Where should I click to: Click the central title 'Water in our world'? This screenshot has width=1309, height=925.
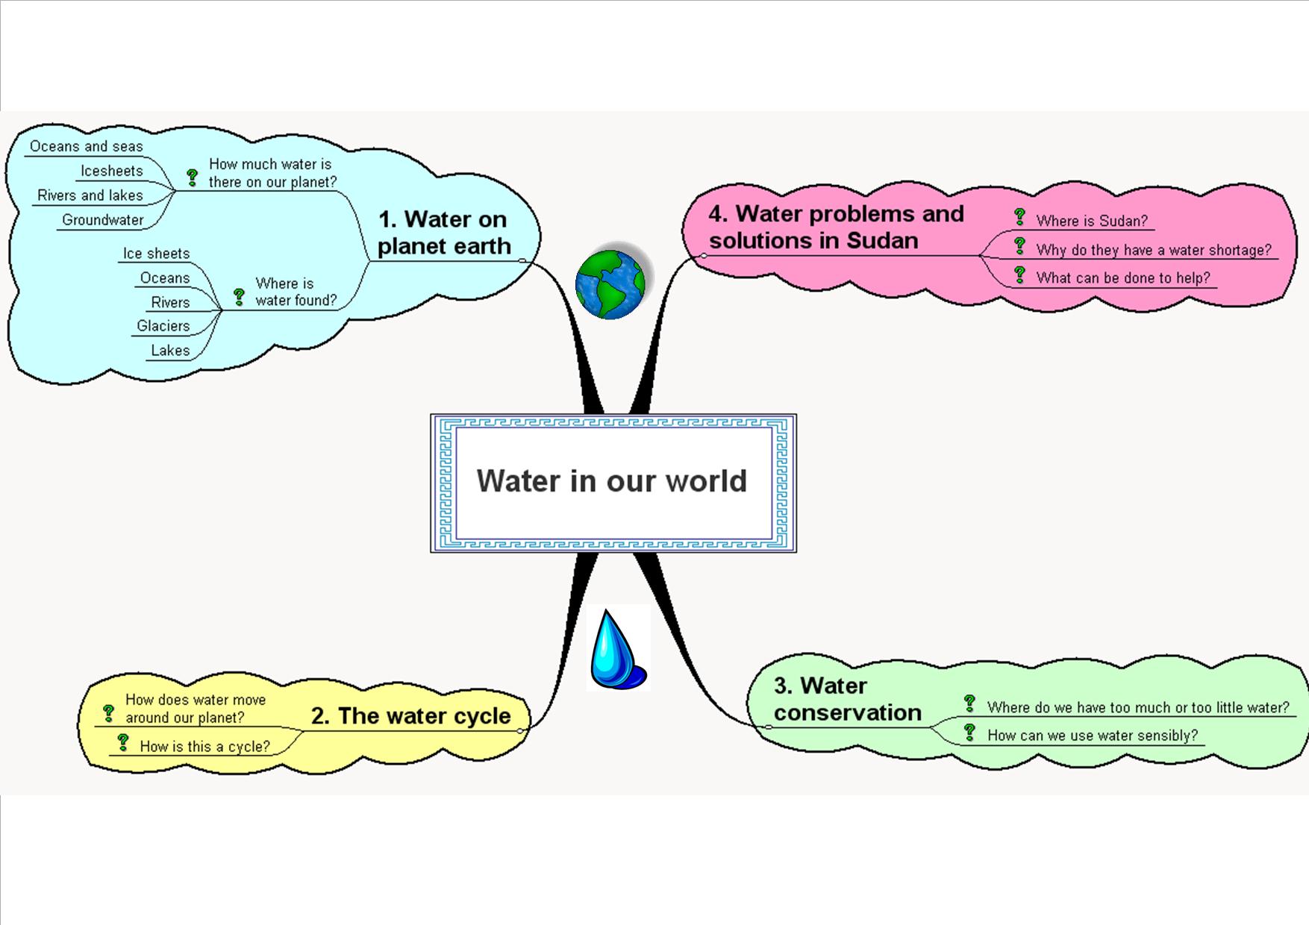612,481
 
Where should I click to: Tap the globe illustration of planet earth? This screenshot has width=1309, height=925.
610,284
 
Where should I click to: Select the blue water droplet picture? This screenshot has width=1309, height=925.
616,650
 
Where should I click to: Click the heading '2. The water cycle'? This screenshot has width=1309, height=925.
410,716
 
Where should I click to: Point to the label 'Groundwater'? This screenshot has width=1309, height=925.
103,220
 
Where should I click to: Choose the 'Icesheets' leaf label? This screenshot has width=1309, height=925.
111,171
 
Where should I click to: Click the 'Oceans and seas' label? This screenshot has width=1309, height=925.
86,146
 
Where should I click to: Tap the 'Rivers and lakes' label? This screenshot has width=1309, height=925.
90,195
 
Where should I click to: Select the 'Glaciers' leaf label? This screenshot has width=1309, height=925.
163,326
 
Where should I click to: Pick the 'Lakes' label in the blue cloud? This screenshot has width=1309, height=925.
170,351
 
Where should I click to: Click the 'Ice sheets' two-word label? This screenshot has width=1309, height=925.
156,254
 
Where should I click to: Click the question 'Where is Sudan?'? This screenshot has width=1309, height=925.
1091,221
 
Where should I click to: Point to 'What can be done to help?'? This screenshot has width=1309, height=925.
1122,278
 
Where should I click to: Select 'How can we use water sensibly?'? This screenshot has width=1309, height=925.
1092,736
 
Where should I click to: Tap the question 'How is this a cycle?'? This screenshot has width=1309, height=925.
204,747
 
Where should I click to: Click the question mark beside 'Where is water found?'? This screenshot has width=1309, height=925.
239,297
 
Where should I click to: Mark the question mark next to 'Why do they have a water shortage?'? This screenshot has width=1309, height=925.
1020,246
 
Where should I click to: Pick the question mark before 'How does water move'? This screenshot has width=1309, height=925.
109,713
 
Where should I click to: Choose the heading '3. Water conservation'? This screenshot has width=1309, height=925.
847,699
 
